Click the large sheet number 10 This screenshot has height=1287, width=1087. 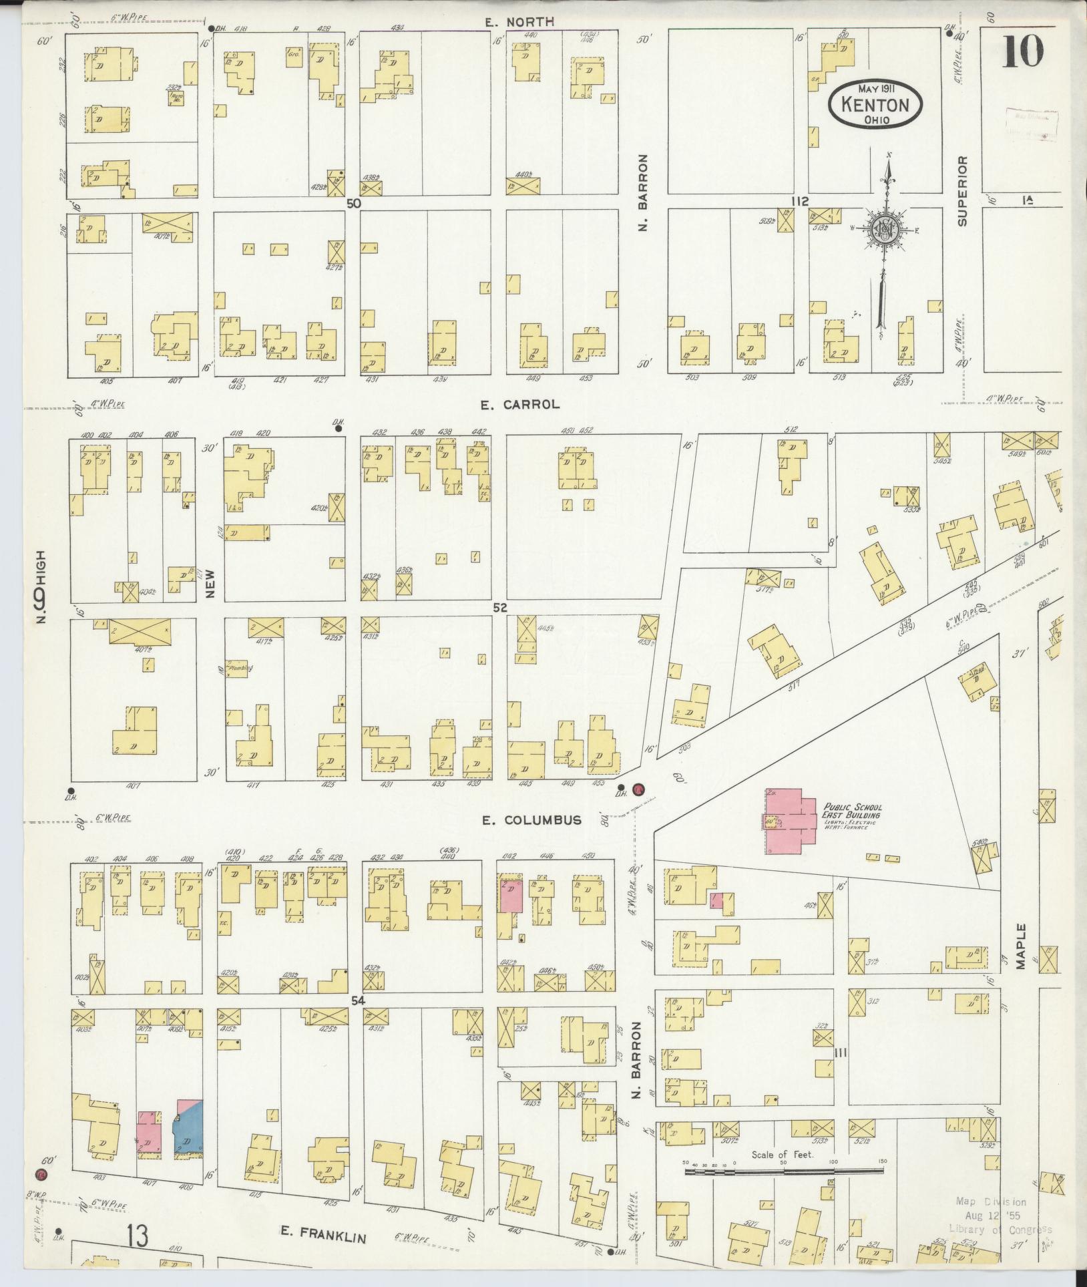click(x=1022, y=51)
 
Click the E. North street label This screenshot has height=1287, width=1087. click(x=519, y=22)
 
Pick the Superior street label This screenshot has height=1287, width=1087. click(x=962, y=192)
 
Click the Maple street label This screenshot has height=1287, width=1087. click(x=1020, y=946)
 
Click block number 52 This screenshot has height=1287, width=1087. click(x=500, y=608)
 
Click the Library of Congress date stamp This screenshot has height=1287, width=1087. click(x=999, y=1215)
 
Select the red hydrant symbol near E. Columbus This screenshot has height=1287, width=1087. click(x=639, y=789)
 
